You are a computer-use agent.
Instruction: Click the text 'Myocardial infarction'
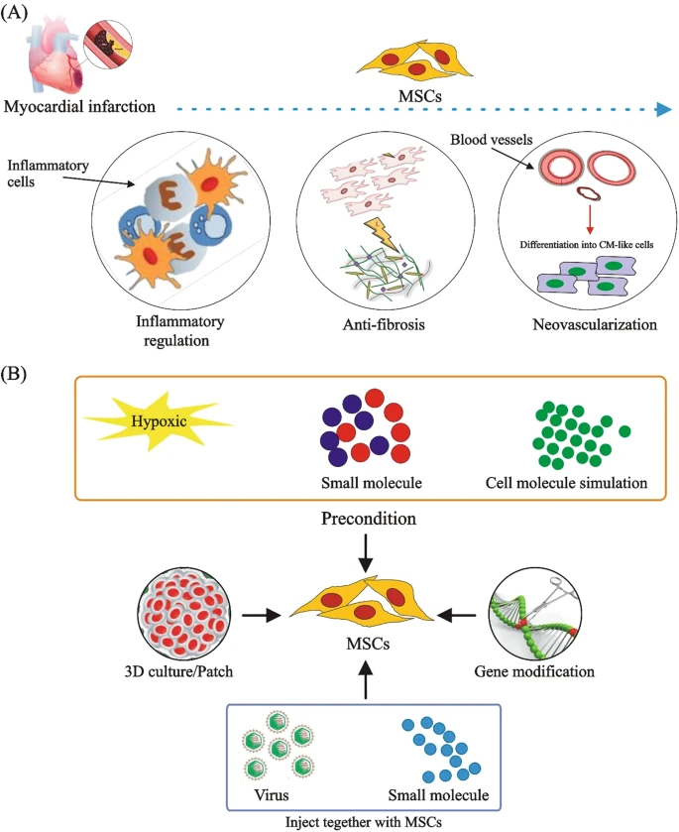click(79, 106)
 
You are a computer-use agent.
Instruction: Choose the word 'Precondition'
click(366, 520)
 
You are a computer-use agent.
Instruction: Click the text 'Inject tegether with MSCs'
click(365, 822)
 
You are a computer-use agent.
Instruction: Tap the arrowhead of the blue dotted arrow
click(662, 108)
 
